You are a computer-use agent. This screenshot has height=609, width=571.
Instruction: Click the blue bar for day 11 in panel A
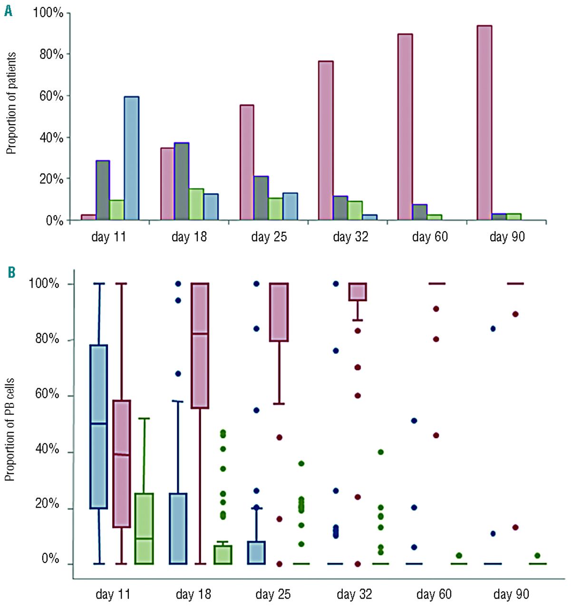pyautogui.click(x=131, y=158)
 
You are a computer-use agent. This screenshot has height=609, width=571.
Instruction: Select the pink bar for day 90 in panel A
pyautogui.click(x=484, y=123)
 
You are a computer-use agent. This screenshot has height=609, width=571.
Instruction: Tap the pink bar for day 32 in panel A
pyautogui.click(x=326, y=140)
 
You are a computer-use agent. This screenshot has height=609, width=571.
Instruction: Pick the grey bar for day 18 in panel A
pyautogui.click(x=182, y=181)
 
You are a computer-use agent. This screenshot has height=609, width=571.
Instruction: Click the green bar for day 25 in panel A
pyautogui.click(x=275, y=209)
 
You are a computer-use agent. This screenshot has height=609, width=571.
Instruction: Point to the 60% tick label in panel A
pyautogui.click(x=51, y=96)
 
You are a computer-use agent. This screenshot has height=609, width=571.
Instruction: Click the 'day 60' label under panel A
pyautogui.click(x=430, y=236)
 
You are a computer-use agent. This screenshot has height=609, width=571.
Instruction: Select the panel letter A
pyautogui.click(x=8, y=10)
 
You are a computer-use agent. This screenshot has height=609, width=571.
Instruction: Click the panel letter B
pyautogui.click(x=11, y=273)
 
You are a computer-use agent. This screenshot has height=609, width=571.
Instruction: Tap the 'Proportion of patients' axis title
pyautogui.click(x=11, y=103)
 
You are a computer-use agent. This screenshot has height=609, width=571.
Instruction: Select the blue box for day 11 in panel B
pyautogui.click(x=99, y=426)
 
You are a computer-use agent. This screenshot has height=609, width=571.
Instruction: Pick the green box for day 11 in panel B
pyautogui.click(x=144, y=529)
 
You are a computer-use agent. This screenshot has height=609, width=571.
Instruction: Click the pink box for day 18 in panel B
pyautogui.click(x=200, y=345)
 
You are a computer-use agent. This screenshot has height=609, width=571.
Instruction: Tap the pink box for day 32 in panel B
pyautogui.click(x=358, y=292)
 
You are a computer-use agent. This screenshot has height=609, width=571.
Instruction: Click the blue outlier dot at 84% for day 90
pyautogui.click(x=493, y=329)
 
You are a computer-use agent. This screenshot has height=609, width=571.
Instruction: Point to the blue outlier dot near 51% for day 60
pyautogui.click(x=414, y=421)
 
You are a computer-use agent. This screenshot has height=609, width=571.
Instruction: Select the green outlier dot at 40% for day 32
pyautogui.click(x=380, y=452)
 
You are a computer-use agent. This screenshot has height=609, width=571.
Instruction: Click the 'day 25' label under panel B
pyautogui.click(x=273, y=594)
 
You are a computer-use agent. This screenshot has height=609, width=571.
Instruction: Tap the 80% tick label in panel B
pyautogui.click(x=47, y=339)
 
